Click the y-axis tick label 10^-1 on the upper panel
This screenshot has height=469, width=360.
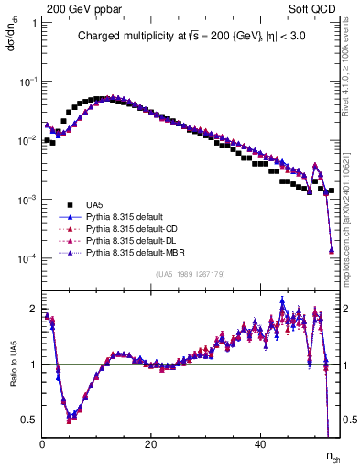(27, 82)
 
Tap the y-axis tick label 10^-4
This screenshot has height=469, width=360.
(27, 259)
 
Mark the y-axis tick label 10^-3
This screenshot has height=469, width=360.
(27, 200)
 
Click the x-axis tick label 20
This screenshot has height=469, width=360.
(151, 443)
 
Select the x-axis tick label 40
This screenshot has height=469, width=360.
(259, 443)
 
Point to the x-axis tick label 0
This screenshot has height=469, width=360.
(43, 443)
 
